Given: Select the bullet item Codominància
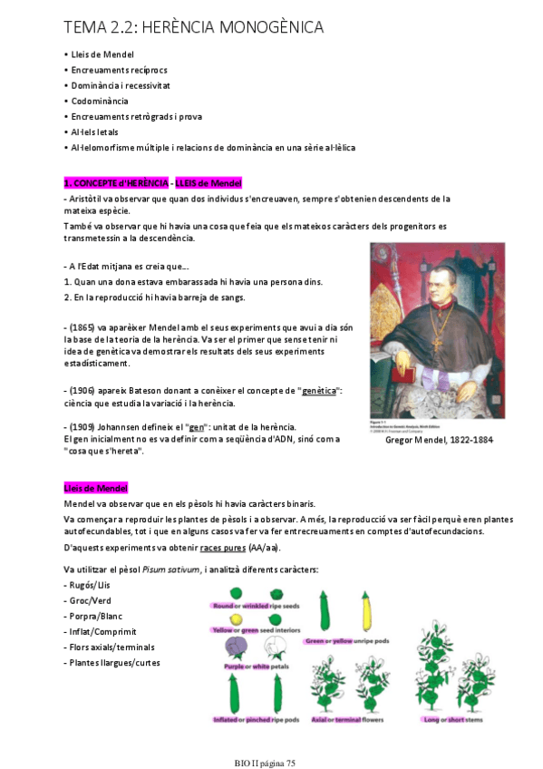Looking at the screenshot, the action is coord(100,101).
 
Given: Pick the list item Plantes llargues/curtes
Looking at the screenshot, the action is coord(113,662).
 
